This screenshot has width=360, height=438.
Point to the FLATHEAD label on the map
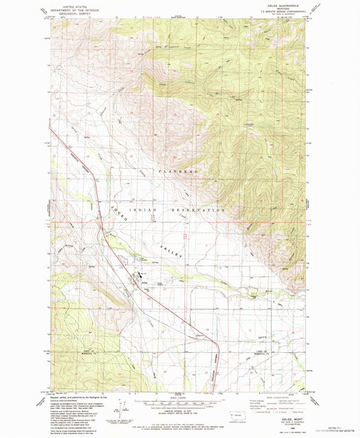click(179, 173)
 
